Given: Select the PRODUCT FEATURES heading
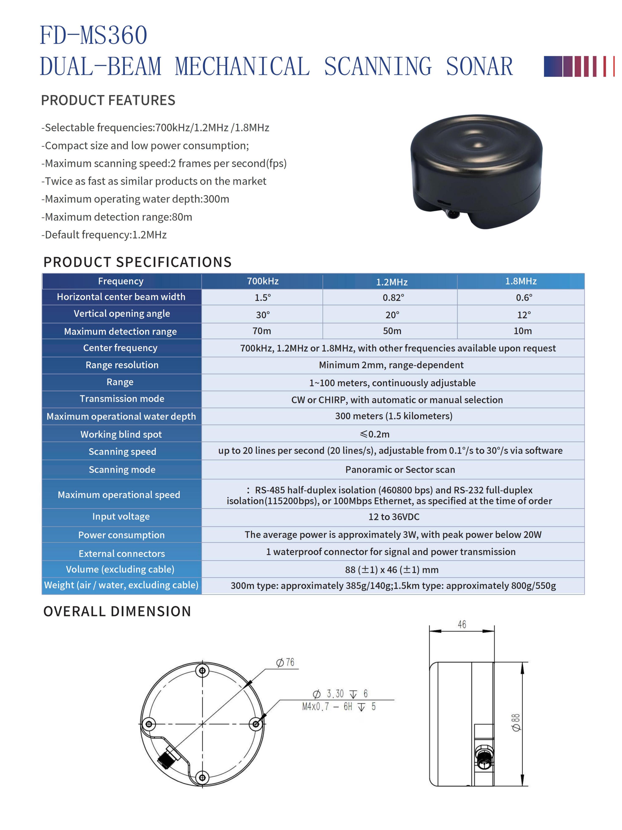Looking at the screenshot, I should pyautogui.click(x=108, y=100).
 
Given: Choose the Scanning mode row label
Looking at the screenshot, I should pyautogui.click(x=122, y=469).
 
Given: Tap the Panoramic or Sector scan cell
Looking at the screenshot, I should pyautogui.click(x=400, y=469).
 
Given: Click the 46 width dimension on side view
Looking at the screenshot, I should pyautogui.click(x=462, y=624).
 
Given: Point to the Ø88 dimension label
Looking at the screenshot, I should pyautogui.click(x=516, y=722).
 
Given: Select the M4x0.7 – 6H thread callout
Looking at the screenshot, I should pyautogui.click(x=338, y=707).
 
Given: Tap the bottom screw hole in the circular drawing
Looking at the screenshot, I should pyautogui.click(x=202, y=777).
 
